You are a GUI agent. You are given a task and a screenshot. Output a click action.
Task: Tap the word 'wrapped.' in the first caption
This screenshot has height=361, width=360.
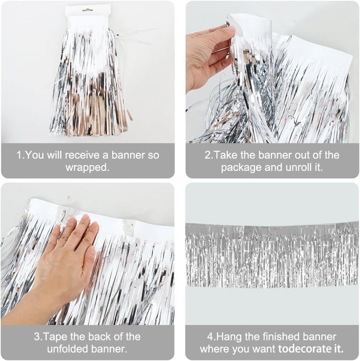pyautogui.click(x=88, y=167)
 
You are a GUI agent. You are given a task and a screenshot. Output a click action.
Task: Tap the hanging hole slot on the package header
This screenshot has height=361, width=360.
pyautogui.click(x=88, y=10)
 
